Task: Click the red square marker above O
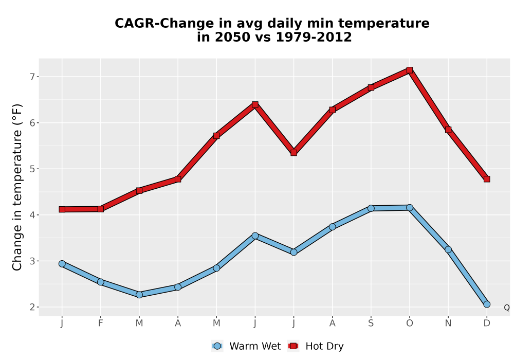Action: [410, 70]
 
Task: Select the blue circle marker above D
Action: [487, 304]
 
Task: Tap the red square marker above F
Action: [101, 209]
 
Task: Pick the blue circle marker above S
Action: [371, 208]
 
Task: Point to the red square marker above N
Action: [448, 130]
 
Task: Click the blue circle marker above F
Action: [101, 282]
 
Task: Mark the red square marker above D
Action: [487, 179]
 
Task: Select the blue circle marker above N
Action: [448, 249]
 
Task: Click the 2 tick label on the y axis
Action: [32, 307]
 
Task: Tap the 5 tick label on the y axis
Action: [32, 169]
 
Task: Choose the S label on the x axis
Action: [371, 323]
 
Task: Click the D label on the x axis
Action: [487, 323]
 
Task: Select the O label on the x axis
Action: [410, 323]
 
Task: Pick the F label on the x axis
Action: [101, 323]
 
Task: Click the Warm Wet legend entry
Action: [246, 346]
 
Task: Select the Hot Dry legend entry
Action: [316, 346]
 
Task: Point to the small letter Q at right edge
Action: [507, 308]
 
